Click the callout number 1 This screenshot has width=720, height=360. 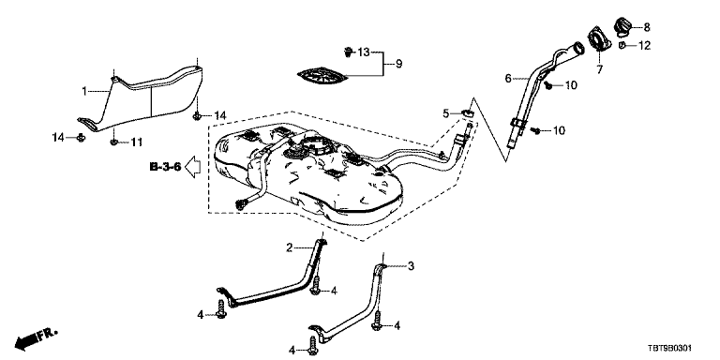(84, 92)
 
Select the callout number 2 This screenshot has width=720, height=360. (290, 247)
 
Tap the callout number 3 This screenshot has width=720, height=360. (411, 266)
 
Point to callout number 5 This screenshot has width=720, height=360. (445, 113)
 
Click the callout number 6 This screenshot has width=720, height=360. (508, 79)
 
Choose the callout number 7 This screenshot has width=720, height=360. (599, 69)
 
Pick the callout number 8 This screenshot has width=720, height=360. (647, 27)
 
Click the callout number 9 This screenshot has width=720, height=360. (398, 64)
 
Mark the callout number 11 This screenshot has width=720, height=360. (136, 142)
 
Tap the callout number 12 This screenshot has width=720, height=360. (644, 46)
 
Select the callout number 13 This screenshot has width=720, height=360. (363, 52)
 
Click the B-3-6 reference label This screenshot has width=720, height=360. (165, 167)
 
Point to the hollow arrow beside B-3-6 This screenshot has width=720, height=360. (192, 167)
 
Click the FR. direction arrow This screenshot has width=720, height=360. (37, 338)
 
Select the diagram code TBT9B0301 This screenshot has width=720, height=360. (669, 350)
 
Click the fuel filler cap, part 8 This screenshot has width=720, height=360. (622, 26)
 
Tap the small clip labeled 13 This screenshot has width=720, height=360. (348, 52)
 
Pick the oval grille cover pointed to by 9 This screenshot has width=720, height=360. (321, 76)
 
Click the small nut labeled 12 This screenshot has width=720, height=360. (622, 45)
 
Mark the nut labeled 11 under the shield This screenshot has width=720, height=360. (113, 142)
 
